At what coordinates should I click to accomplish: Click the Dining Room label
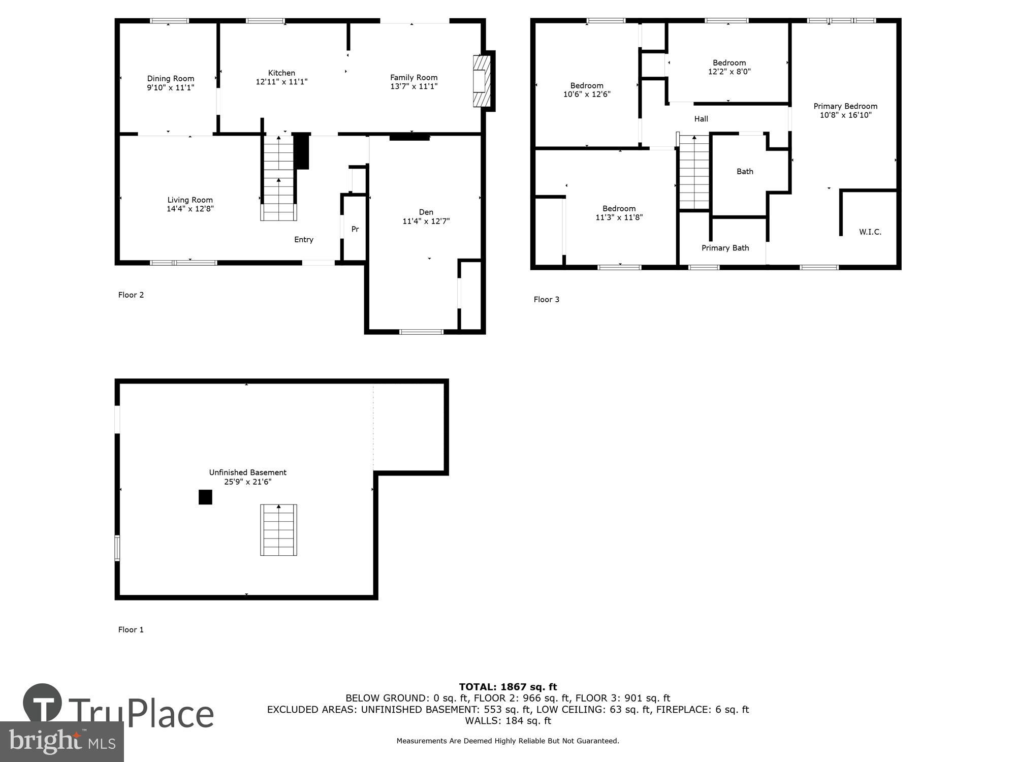click(170, 79)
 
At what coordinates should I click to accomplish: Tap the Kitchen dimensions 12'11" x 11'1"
click(281, 82)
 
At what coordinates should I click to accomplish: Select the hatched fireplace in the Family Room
click(482, 81)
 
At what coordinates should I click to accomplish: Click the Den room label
click(426, 212)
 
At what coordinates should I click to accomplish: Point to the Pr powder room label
click(355, 229)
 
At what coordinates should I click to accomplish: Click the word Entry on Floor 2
click(304, 240)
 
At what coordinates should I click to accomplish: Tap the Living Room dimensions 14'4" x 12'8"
click(190, 209)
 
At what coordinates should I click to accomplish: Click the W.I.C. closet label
click(870, 232)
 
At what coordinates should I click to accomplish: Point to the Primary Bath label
click(725, 248)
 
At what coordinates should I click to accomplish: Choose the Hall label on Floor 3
click(701, 119)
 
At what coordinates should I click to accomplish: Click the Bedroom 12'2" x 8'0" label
click(729, 63)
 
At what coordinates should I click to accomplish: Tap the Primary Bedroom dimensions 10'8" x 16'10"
click(845, 115)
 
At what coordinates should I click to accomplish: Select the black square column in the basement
click(205, 497)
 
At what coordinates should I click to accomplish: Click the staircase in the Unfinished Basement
click(278, 530)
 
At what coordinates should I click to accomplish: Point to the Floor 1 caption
click(131, 630)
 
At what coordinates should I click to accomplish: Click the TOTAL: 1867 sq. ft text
click(507, 687)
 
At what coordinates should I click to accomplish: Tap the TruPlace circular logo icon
click(43, 703)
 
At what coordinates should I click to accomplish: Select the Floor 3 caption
click(546, 300)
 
